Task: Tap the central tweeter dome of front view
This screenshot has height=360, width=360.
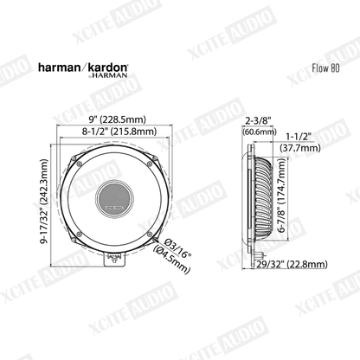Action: click(114, 197)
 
